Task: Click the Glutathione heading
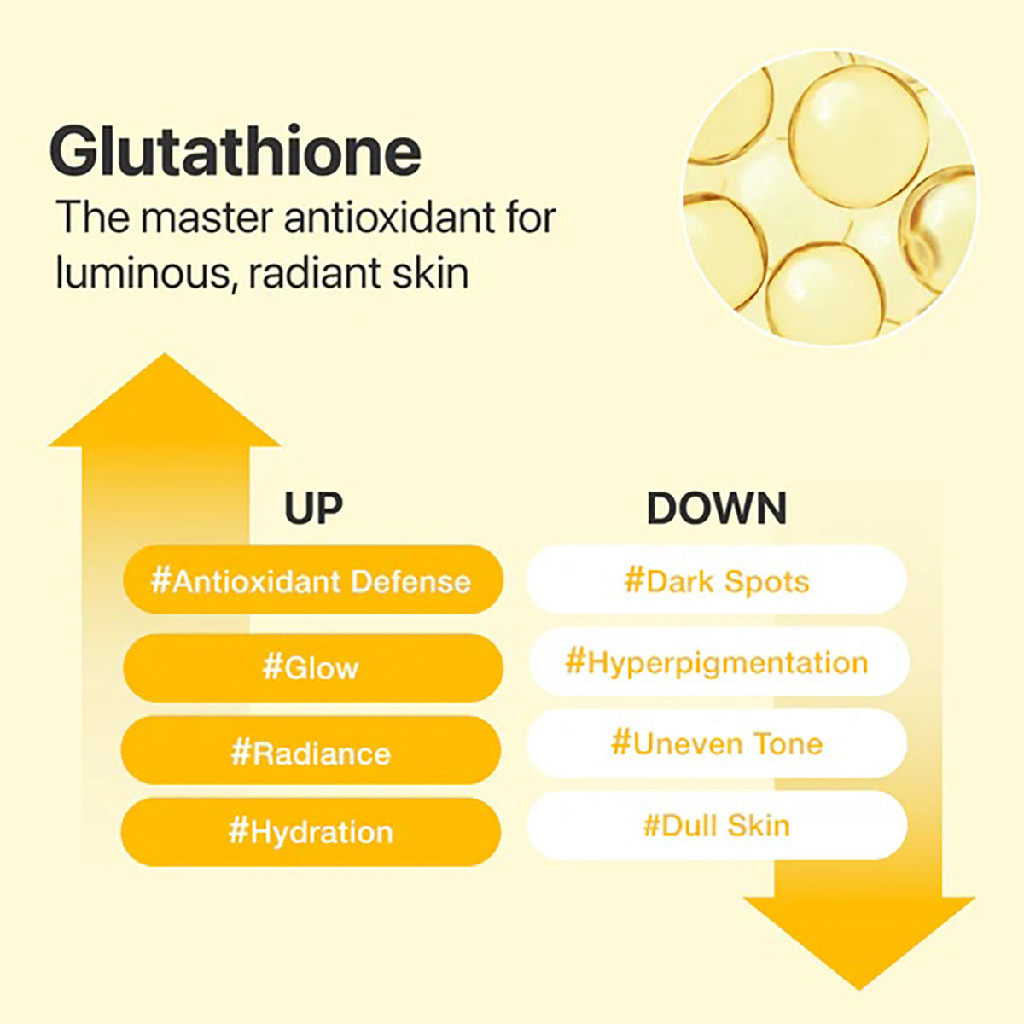point(236,151)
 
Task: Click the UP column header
point(313,509)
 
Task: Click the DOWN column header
point(716,509)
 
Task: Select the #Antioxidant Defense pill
point(311,581)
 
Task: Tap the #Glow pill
point(311,667)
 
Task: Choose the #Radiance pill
point(311,753)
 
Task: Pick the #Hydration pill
point(311,831)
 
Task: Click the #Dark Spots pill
point(716,581)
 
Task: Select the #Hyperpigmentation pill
point(716,662)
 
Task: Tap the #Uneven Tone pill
point(716,743)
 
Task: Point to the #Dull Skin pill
point(716,825)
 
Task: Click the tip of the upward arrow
point(165,358)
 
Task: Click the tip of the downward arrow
point(858,986)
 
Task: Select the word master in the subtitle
point(207,218)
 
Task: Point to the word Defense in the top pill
point(410,581)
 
